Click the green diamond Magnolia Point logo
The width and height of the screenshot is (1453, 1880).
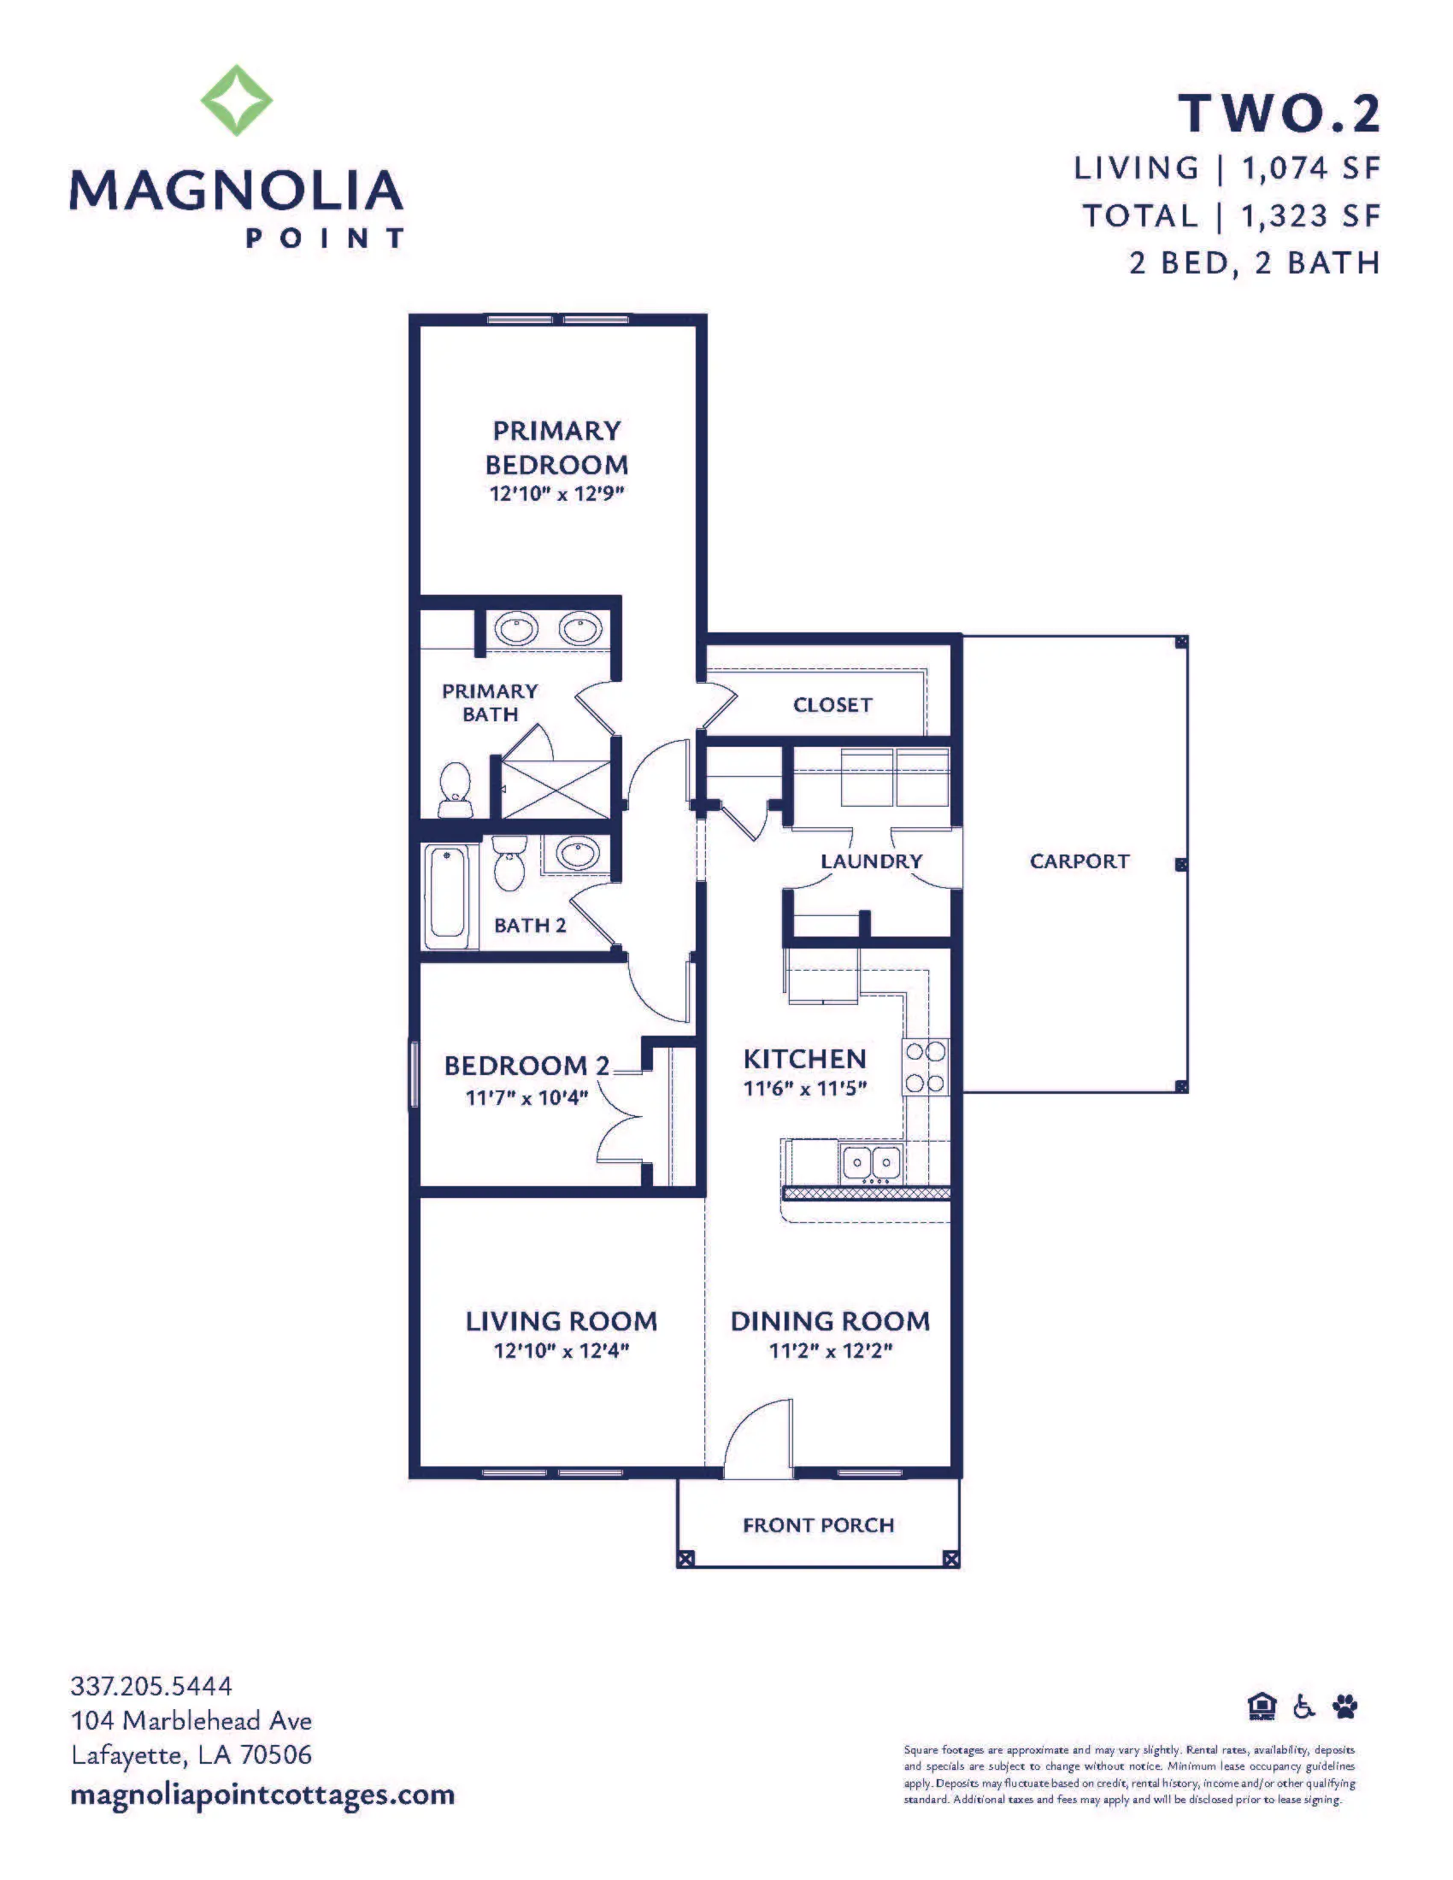click(x=237, y=100)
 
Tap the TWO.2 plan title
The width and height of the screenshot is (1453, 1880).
click(x=1279, y=114)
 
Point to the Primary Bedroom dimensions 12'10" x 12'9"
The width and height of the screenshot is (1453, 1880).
click(x=556, y=494)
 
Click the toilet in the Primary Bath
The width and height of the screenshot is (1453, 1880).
click(x=455, y=790)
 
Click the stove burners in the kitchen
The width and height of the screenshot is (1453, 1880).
click(x=925, y=1067)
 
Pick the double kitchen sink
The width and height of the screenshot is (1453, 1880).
click(x=870, y=1163)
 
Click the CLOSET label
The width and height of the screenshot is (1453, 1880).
click(x=832, y=705)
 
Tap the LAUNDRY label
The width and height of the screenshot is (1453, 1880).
click(x=871, y=861)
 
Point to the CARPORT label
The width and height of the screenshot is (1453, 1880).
click(x=1079, y=861)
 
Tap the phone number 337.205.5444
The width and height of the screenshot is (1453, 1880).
click(x=151, y=1685)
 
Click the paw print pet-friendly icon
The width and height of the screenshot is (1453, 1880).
click(x=1345, y=1706)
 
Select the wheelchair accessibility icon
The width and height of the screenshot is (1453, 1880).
click(x=1305, y=1706)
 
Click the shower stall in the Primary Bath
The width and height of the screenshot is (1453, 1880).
click(x=556, y=789)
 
